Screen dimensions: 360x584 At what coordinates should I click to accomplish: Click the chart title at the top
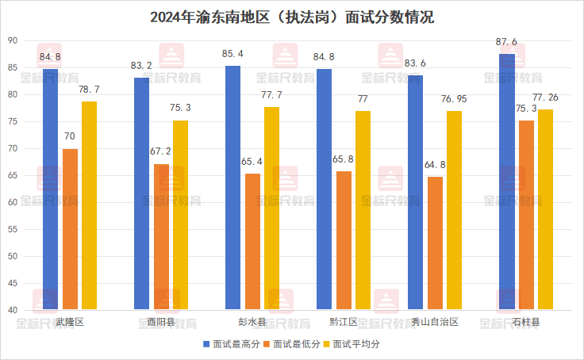(x=291, y=17)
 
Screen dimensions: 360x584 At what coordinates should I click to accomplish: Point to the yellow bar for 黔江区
(x=363, y=209)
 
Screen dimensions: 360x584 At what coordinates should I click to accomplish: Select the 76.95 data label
(x=454, y=98)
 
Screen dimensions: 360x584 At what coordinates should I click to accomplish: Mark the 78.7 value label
(x=89, y=89)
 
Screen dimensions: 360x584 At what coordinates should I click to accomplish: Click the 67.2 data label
(x=161, y=152)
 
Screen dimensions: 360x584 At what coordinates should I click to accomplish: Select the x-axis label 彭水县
(x=252, y=322)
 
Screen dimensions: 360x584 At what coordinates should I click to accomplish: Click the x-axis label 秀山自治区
(x=435, y=322)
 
